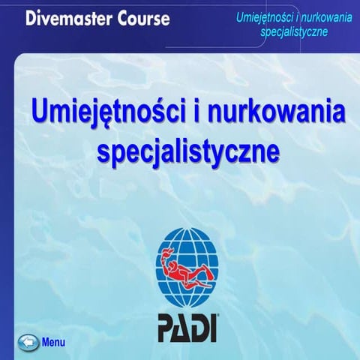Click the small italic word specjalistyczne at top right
click(293, 31)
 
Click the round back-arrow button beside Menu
click(28, 342)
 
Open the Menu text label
click(54, 343)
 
